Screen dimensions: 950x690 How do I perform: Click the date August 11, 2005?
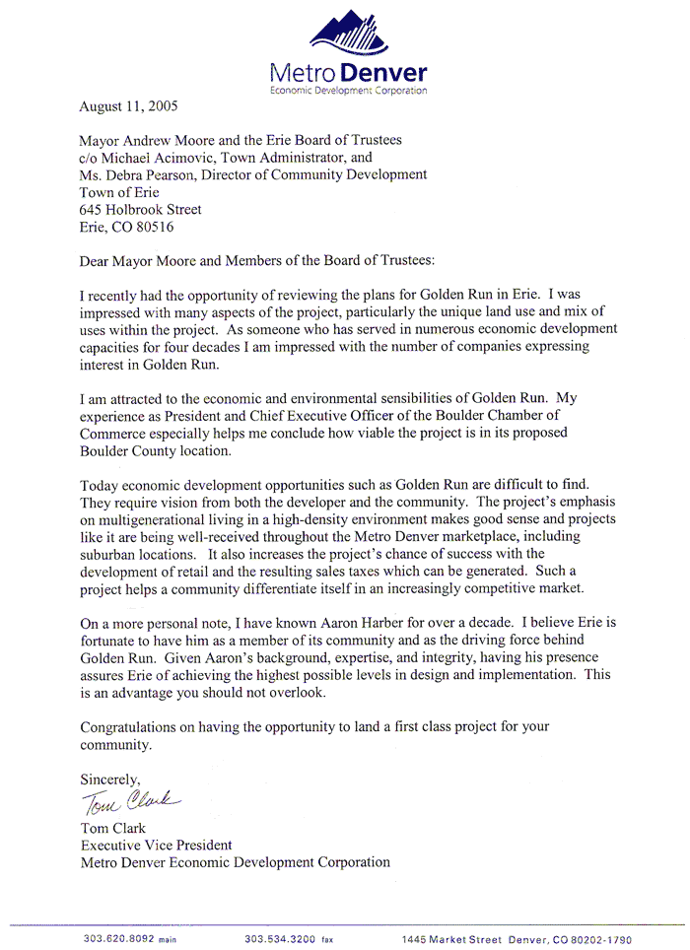[x=129, y=103]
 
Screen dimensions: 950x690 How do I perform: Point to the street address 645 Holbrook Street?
[x=140, y=210]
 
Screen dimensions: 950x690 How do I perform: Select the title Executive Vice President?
[x=156, y=845]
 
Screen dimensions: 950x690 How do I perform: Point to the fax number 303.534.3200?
[x=279, y=939]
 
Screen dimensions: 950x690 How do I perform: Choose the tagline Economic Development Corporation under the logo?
[x=348, y=90]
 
